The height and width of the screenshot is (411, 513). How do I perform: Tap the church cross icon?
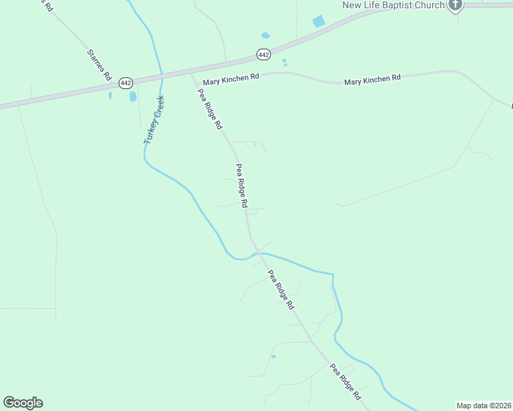coord(455,5)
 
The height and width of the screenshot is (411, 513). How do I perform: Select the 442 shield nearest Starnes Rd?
coord(125,82)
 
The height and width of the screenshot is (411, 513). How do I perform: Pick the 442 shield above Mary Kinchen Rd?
coord(264,53)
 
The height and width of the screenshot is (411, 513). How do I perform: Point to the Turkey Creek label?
coord(154,119)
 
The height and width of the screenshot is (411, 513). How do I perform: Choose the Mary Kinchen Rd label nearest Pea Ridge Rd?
coord(230,77)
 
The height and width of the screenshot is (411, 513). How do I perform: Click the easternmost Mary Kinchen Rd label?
coord(372,80)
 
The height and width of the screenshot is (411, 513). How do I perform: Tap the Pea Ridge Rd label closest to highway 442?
coord(210,110)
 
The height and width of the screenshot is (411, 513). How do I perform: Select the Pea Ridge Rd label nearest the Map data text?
coord(345,382)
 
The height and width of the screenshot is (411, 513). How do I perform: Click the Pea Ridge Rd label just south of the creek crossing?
coord(281,290)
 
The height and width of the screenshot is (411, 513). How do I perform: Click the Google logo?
coord(23,403)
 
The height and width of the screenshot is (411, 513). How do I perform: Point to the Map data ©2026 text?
coord(484,406)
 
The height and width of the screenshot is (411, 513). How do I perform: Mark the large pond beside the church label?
coord(319,21)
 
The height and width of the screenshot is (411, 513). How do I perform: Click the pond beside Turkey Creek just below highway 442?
coord(133,97)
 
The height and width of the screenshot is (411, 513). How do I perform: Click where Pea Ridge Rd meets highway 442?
coord(191,72)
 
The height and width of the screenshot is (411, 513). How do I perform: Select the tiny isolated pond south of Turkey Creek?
coord(273,356)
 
